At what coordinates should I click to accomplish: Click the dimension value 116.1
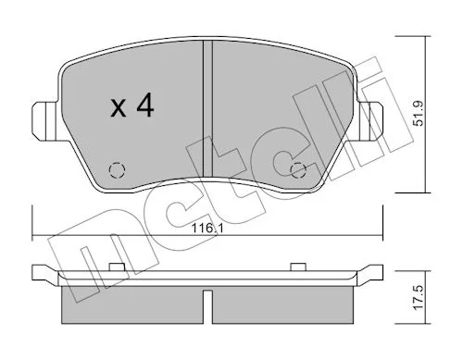(x=207, y=229)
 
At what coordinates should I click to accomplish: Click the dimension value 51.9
(x=419, y=113)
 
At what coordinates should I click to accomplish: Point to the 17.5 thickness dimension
(x=419, y=298)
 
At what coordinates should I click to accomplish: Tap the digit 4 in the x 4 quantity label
(x=145, y=105)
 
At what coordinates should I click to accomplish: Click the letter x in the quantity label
(x=119, y=108)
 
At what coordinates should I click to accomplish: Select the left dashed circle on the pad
(x=118, y=170)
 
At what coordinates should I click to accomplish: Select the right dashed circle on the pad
(x=298, y=170)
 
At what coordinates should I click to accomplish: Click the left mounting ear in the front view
(x=45, y=121)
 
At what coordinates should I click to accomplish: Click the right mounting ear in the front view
(x=370, y=121)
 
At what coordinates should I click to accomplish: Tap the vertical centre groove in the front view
(x=207, y=108)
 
